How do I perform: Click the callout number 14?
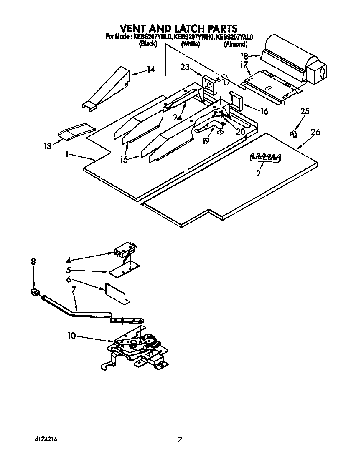click(151, 70)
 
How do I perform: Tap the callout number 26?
click(315, 132)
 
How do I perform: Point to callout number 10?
click(72, 335)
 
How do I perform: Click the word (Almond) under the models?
click(236, 44)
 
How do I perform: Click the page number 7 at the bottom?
click(180, 439)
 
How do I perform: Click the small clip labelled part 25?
click(294, 133)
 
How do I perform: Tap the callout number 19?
click(206, 141)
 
